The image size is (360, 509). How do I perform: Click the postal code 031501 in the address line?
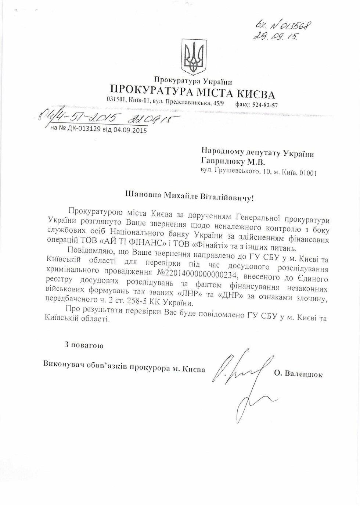coord(116,99)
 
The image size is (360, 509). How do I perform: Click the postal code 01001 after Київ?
coord(307,173)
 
